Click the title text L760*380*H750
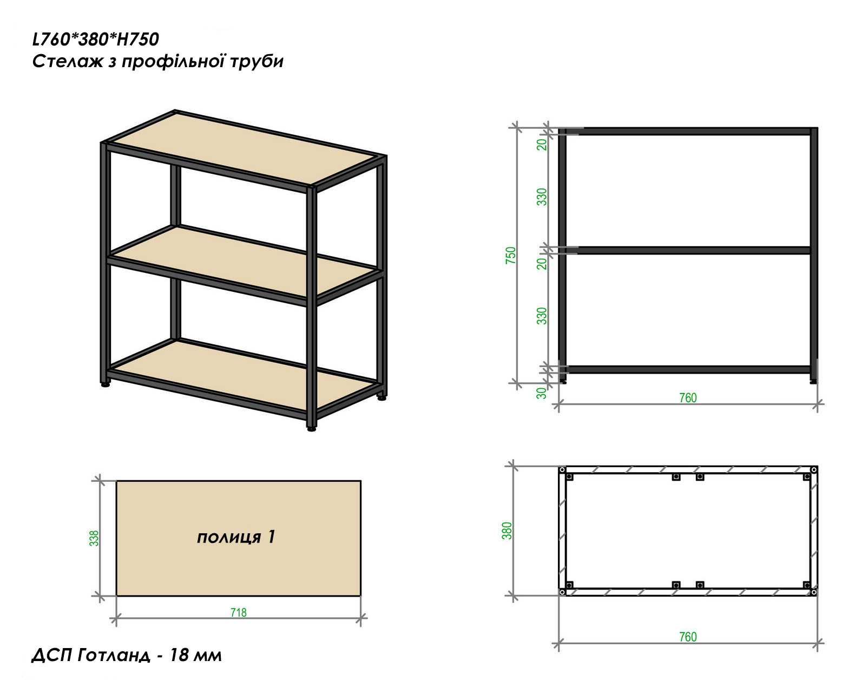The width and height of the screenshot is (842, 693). tap(96, 39)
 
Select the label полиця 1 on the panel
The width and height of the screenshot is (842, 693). tap(236, 537)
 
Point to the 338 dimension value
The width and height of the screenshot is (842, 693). tap(94, 538)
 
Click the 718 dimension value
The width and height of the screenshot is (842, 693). tap(238, 612)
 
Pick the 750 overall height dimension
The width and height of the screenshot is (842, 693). tap(511, 255)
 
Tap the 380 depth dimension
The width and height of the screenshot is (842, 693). tap(506, 531)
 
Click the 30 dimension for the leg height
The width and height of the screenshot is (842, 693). tap(541, 393)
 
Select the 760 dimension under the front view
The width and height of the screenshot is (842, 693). tap(688, 398)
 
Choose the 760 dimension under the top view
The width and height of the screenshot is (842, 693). tap(688, 637)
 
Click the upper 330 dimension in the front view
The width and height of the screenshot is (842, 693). tap(541, 197)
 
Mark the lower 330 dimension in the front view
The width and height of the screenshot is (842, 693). tap(541, 316)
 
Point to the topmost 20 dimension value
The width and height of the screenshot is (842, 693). tap(541, 144)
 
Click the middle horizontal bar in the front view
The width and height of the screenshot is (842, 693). tap(688, 251)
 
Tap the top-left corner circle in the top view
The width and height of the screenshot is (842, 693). tap(562, 470)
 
